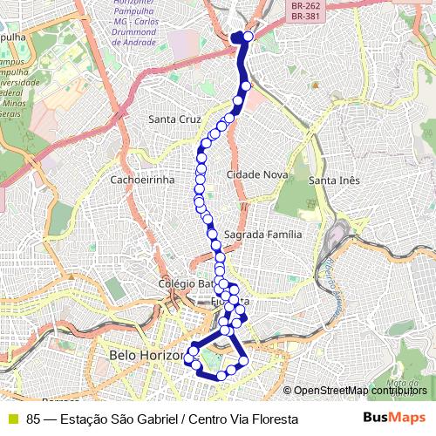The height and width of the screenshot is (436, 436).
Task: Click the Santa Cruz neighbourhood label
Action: point(174,119)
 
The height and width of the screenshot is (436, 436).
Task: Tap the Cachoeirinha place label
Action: point(142,180)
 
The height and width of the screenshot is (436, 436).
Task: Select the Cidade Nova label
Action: point(257,175)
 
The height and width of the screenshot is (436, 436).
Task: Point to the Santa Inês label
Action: point(334,181)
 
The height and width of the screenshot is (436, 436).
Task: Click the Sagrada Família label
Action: point(262,235)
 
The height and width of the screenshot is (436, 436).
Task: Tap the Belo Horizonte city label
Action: point(146,355)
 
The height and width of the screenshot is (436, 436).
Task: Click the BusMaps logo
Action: point(394,418)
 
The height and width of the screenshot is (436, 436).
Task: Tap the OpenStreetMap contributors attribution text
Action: point(360,391)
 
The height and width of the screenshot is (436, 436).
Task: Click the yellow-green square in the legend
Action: point(13,419)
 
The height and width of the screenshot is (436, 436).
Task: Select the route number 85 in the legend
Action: point(33,419)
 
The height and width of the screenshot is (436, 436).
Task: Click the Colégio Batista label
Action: point(185,284)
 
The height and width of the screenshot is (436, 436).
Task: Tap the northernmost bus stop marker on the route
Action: point(249,37)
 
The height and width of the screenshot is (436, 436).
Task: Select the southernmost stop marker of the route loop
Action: point(221,376)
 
